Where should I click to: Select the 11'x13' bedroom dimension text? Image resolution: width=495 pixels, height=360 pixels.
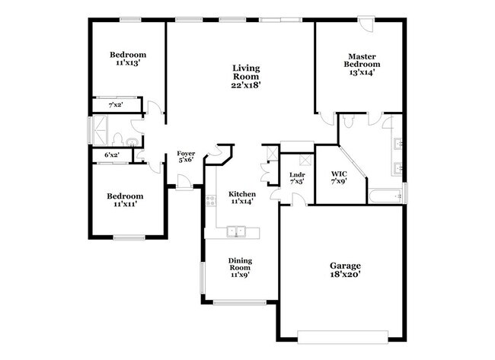point(128,64)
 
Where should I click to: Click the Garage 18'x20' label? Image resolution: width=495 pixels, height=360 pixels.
point(345,270)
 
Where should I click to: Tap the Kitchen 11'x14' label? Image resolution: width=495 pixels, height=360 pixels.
point(241,198)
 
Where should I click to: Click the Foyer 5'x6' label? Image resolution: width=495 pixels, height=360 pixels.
point(186,157)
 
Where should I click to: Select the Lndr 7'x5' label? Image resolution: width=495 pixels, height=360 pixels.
point(297,178)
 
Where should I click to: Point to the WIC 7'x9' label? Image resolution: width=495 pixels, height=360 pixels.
point(339,178)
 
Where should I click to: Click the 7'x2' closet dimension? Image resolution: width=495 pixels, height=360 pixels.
point(116,104)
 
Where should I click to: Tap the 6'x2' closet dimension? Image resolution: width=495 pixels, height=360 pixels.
point(112,155)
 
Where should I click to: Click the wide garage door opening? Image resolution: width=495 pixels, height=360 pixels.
point(343,336)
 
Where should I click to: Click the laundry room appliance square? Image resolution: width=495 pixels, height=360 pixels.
point(304,161)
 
